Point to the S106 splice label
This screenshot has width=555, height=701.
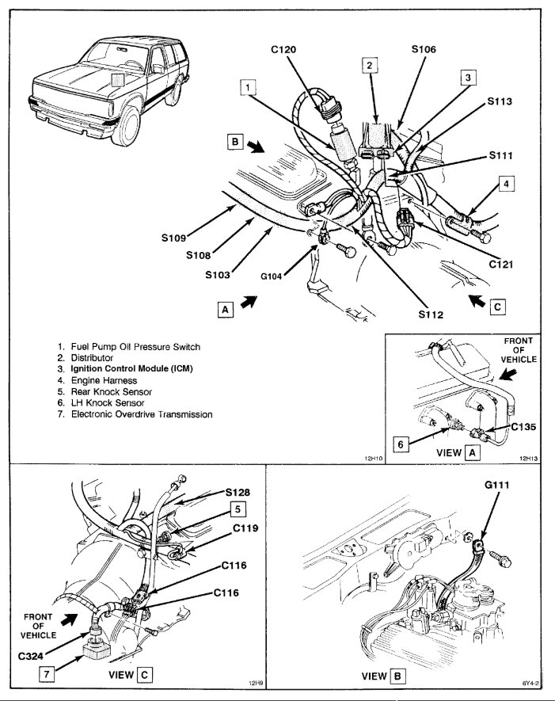tap(424, 49)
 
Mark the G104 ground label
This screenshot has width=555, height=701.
tap(274, 277)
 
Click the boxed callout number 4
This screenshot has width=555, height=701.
tap(507, 184)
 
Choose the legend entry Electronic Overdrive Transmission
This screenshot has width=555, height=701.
tap(142, 413)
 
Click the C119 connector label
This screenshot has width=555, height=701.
tap(248, 525)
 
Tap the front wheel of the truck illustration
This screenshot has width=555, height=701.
tap(125, 128)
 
